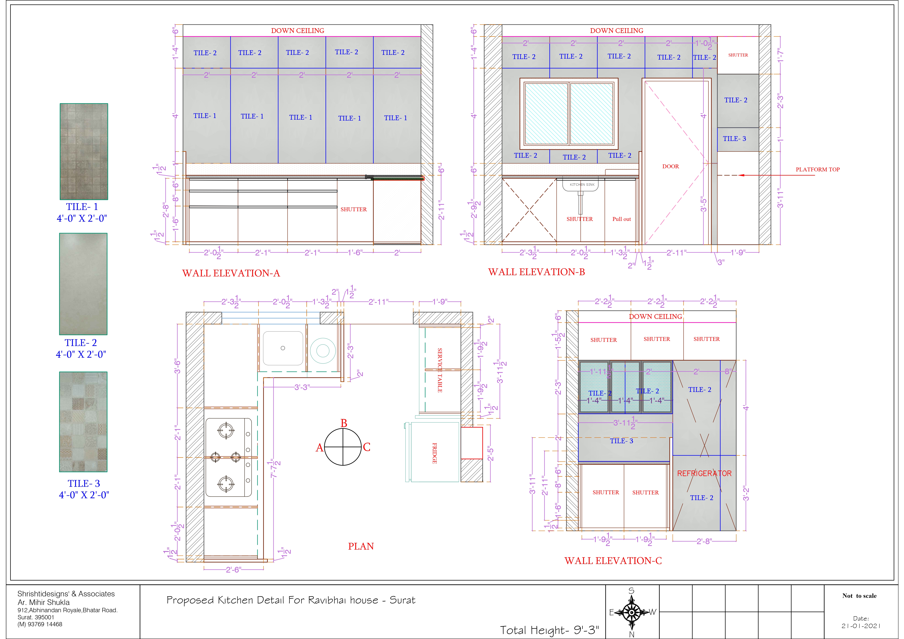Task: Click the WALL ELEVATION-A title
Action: click(231, 273)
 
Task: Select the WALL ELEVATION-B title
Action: click(537, 272)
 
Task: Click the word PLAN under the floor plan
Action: click(361, 546)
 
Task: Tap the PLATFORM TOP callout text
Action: click(818, 170)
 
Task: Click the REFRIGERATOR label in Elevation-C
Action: click(704, 474)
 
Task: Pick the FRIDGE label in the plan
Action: click(435, 453)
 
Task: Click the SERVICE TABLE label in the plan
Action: click(440, 370)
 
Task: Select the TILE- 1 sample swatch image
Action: click(84, 152)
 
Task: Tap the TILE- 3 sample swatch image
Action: click(83, 422)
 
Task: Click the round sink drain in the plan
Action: click(283, 348)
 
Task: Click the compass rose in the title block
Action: click(632, 612)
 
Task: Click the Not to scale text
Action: click(860, 596)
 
